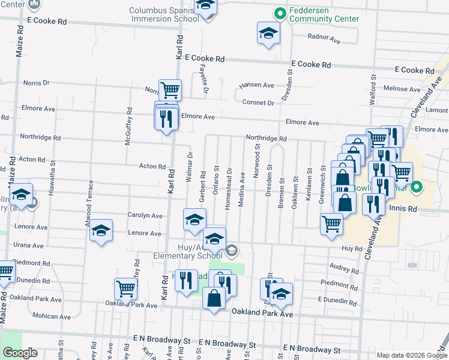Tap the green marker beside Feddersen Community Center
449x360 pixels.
279,13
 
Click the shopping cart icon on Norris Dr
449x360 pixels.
170,90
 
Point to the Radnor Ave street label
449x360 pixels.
324,37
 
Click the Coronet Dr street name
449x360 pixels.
258,103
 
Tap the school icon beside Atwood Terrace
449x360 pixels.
101,231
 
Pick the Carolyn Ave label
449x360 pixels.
145,215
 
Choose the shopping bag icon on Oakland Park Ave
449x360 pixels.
214,298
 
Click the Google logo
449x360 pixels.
20,353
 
